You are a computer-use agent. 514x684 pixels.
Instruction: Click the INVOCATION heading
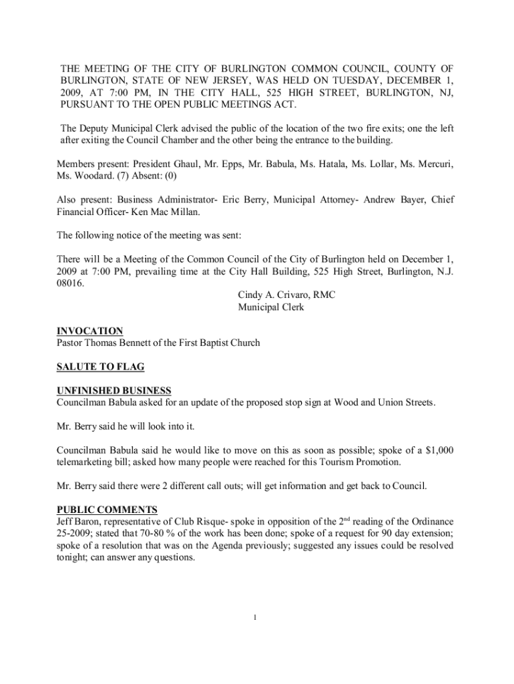tap(89, 331)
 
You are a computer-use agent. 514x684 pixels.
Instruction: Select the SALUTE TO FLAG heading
tap(100, 367)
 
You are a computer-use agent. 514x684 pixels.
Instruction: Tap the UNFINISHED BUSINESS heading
tap(113, 391)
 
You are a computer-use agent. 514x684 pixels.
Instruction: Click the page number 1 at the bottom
tap(256, 617)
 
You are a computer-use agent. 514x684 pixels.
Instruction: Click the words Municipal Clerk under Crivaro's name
tap(270, 307)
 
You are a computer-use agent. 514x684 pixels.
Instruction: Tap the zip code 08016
tap(70, 283)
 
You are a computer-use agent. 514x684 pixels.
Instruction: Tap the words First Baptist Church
tap(218, 343)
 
